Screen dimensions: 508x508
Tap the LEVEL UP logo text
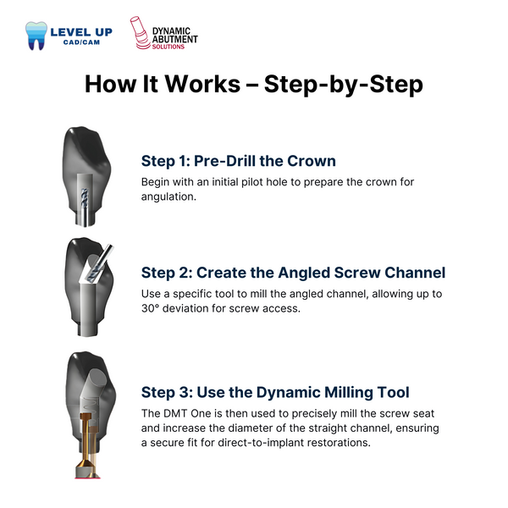(x=81, y=31)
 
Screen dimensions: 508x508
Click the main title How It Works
(x=254, y=85)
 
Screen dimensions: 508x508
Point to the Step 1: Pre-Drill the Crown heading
(x=238, y=161)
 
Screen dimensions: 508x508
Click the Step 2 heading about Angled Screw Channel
(x=293, y=273)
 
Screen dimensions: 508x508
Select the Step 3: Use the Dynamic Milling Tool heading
(x=275, y=392)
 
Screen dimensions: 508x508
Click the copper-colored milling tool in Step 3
(x=85, y=440)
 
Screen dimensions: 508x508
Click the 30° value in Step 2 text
(x=152, y=308)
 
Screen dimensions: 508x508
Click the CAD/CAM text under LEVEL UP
(x=81, y=43)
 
